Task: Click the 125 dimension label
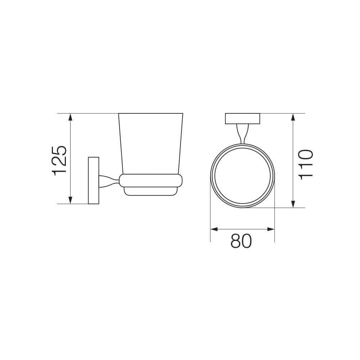(x=59, y=161)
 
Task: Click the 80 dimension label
(x=241, y=241)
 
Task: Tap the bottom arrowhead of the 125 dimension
(x=71, y=200)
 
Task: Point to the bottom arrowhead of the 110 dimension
(x=293, y=204)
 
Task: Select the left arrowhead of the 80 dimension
(x=214, y=229)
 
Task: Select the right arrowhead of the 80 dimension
(x=271, y=229)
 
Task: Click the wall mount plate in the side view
(x=94, y=180)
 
